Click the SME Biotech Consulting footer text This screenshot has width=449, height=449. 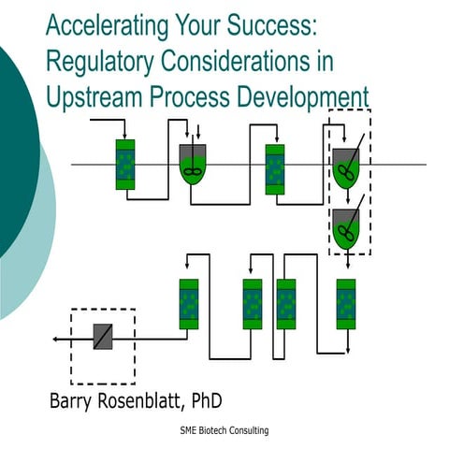224,430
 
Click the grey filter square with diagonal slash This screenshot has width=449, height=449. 103,337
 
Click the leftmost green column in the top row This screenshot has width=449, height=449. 125,165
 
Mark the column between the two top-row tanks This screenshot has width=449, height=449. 275,169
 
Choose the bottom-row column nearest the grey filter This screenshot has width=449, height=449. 188,304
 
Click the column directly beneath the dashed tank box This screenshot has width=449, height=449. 346,304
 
